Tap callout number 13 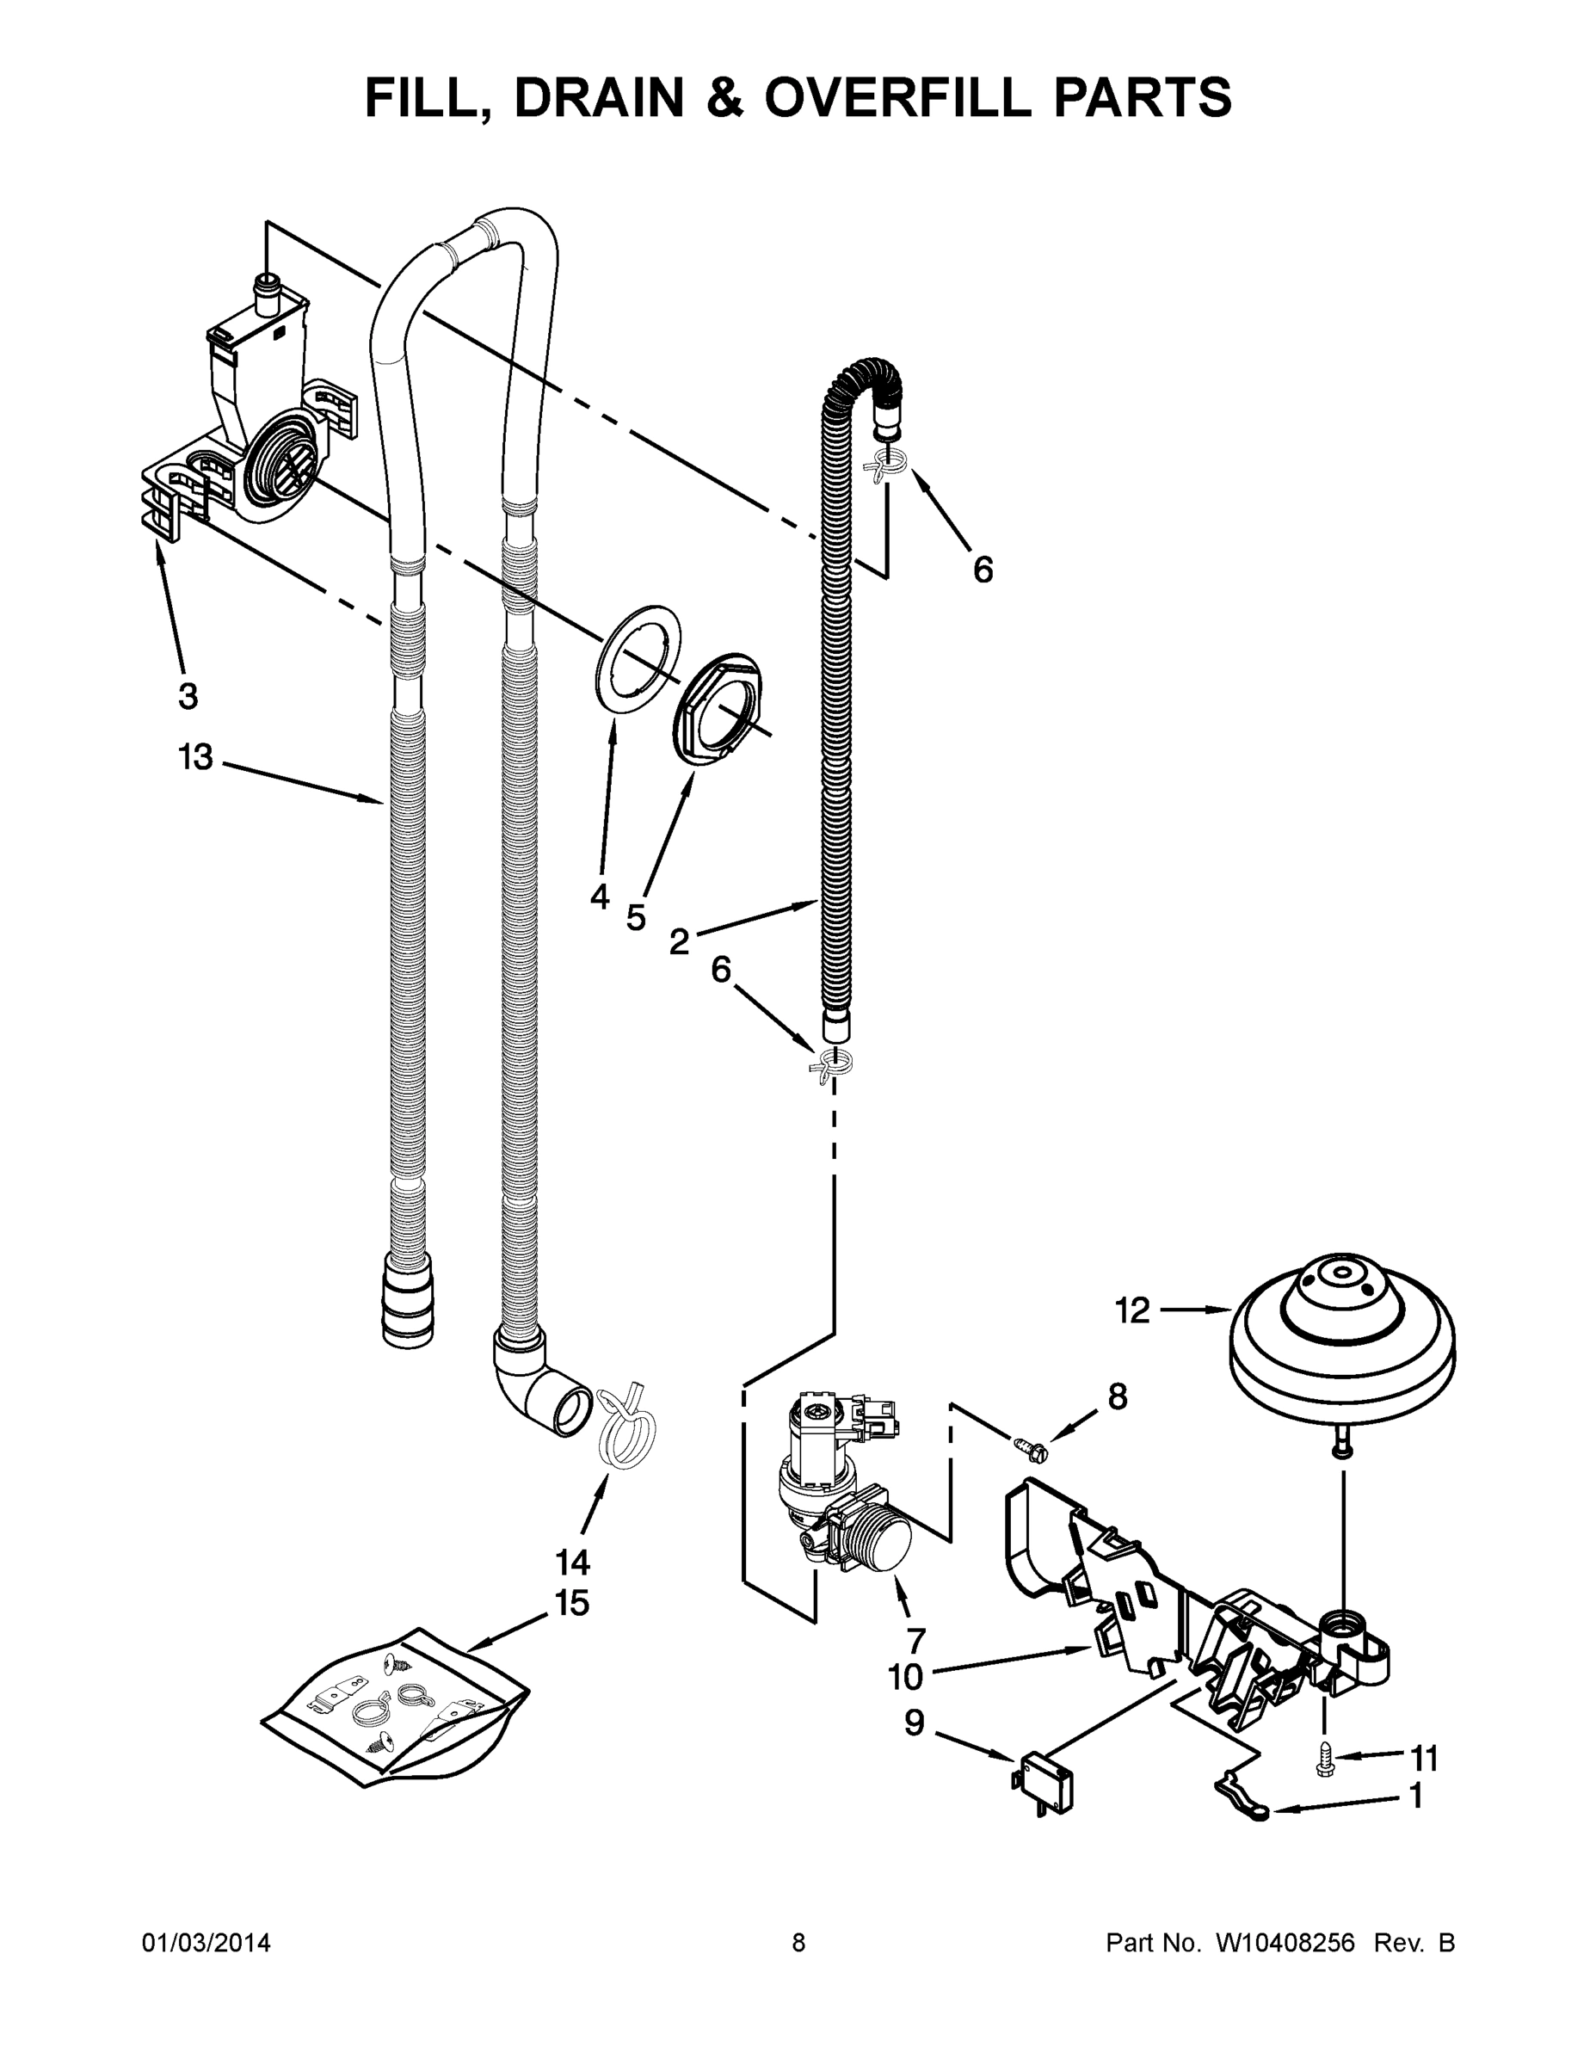click(x=195, y=757)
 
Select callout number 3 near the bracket click(x=188, y=696)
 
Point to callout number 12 click(x=1131, y=1310)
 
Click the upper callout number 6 click(x=983, y=570)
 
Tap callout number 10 click(x=905, y=1676)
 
